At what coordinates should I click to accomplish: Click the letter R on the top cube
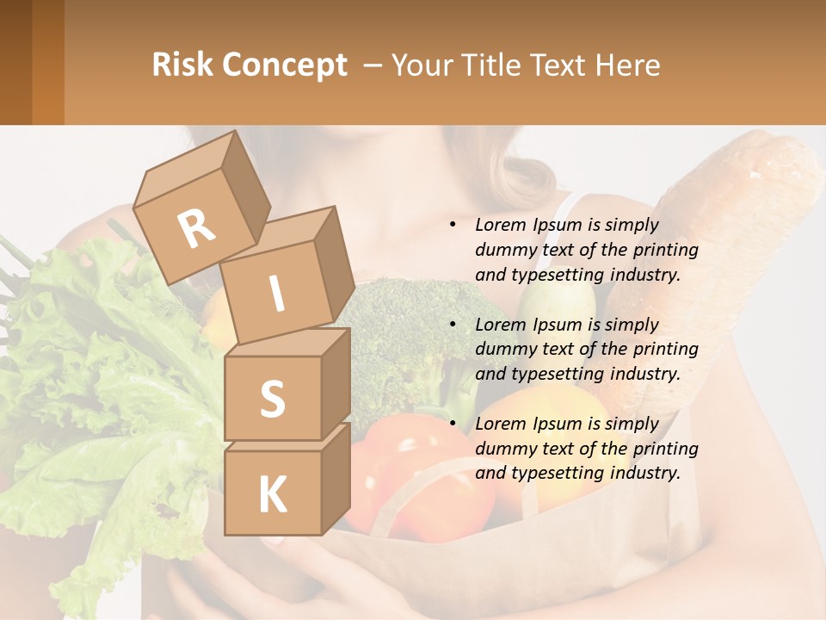tap(197, 228)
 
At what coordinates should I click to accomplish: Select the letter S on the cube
tap(272, 399)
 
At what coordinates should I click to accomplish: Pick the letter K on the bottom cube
tap(272, 493)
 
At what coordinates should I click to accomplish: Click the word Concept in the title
tap(287, 65)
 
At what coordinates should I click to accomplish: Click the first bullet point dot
tap(453, 226)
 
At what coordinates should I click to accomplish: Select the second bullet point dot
tap(453, 325)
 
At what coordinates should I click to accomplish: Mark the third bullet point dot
tap(453, 424)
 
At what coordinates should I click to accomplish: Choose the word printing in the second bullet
tap(664, 350)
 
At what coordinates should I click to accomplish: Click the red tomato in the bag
tap(404, 482)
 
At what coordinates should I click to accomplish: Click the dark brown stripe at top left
tap(15, 62)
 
